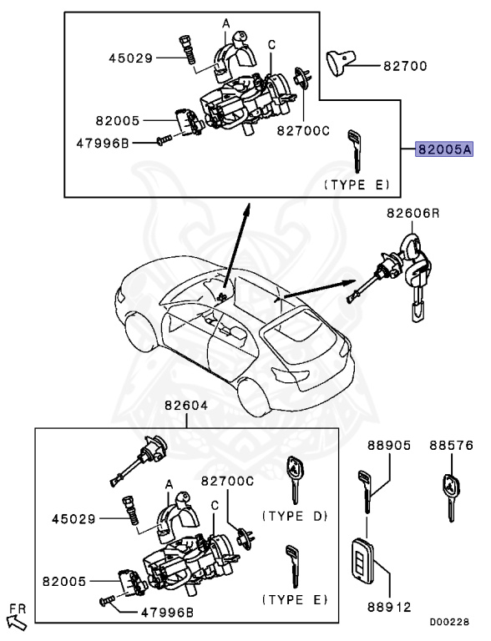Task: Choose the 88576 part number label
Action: [x=452, y=446]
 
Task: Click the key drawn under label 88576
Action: [x=451, y=494]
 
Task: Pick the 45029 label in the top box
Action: [x=132, y=58]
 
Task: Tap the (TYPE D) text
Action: [x=295, y=517]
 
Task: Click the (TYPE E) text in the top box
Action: [x=357, y=184]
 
